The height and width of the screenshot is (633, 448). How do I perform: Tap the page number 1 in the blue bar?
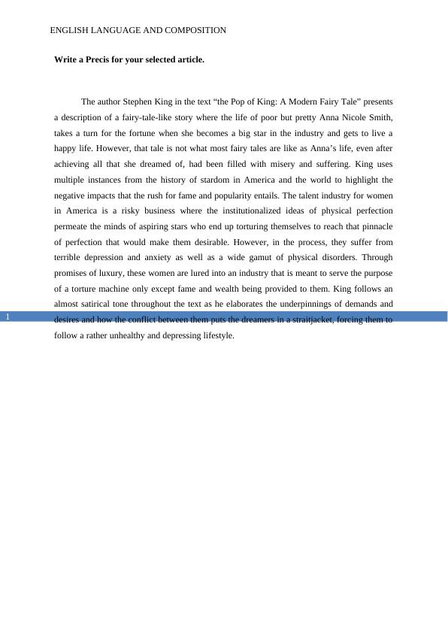7,316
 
